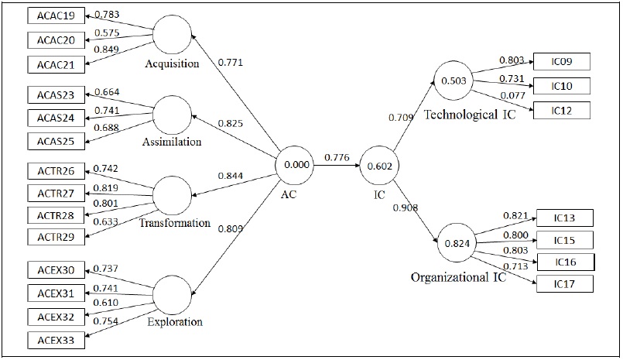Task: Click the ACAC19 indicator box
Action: pyautogui.click(x=55, y=15)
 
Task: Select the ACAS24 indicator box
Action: pyautogui.click(x=55, y=118)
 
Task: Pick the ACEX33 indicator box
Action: pyautogui.click(x=55, y=339)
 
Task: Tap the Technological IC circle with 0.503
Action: pyautogui.click(x=451, y=81)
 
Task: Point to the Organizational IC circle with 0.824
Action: pyautogui.click(x=457, y=242)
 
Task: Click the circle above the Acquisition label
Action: pyautogui.click(x=172, y=35)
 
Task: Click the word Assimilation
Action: pyautogui.click(x=172, y=142)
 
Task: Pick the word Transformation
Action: pyautogui.click(x=175, y=223)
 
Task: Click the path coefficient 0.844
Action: pyautogui.click(x=231, y=176)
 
